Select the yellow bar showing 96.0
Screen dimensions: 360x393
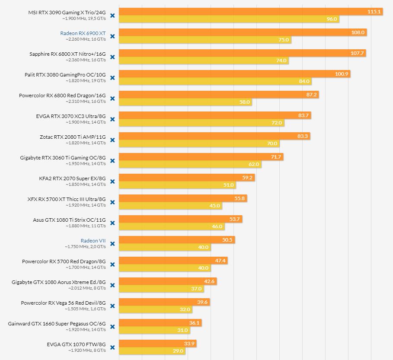228,19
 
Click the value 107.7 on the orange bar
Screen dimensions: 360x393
357,53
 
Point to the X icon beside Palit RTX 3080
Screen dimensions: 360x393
112,78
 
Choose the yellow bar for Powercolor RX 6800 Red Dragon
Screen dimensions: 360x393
185,102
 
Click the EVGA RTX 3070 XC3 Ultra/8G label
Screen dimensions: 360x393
71,116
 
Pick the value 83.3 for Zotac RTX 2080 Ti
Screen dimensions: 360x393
303,136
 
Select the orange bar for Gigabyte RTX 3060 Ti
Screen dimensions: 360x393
201,157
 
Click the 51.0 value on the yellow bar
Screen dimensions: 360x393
228,185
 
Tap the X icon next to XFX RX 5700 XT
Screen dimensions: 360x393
112,202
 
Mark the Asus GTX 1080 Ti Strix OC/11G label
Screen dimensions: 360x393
69,220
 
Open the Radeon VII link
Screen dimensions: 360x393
93,241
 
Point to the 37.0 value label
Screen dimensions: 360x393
196,289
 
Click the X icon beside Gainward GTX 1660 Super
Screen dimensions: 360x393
112,327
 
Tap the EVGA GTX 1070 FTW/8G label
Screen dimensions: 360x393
76,344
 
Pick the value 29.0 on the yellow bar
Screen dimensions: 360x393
178,351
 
